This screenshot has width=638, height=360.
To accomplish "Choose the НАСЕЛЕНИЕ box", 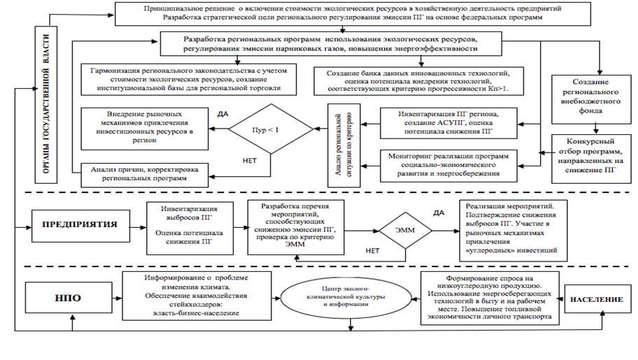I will [x=595, y=299].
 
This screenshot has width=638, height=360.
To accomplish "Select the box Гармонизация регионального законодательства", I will [x=190, y=78].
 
